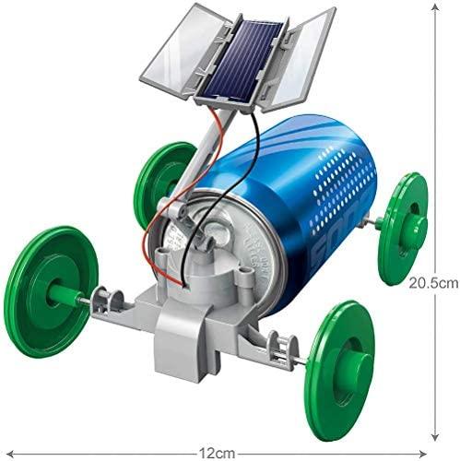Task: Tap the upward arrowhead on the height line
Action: point(435,8)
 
